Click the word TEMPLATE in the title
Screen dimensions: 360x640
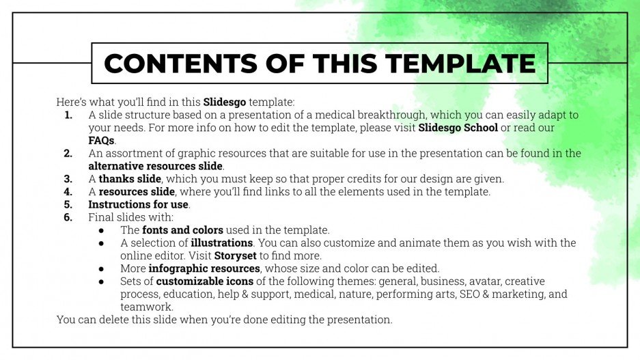(460, 63)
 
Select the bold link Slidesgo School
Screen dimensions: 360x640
(458, 128)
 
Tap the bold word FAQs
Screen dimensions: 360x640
(101, 141)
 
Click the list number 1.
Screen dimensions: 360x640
(68, 115)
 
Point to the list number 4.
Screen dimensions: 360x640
(68, 192)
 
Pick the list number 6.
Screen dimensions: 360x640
(68, 217)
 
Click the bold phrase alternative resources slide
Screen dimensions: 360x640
(155, 166)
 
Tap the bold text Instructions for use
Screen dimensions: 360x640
(139, 204)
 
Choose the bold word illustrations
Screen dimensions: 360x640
(222, 243)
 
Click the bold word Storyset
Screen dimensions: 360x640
(236, 255)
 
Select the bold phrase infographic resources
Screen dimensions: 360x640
(204, 268)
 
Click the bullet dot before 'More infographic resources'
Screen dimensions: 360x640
(101, 268)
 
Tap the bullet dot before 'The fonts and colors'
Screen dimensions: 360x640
(101, 230)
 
